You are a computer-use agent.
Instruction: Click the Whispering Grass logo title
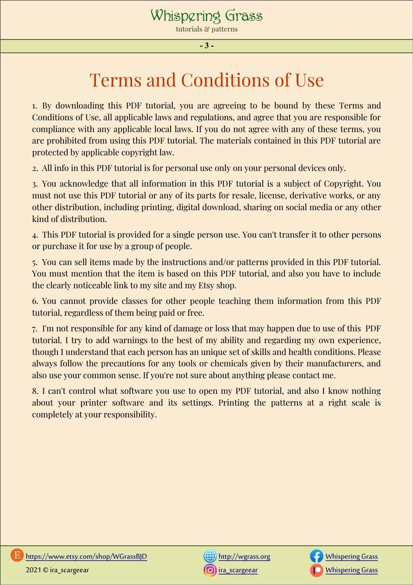click(x=206, y=16)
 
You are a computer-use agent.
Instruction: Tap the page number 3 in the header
click(x=206, y=45)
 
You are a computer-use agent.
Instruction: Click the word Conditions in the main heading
click(x=225, y=80)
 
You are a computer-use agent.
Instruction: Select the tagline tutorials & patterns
click(x=206, y=29)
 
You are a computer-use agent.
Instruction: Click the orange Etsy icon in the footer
click(x=17, y=555)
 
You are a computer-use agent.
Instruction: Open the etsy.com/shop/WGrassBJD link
click(x=86, y=556)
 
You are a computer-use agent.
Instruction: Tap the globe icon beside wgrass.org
click(x=210, y=556)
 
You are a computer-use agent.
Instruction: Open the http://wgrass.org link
click(x=244, y=556)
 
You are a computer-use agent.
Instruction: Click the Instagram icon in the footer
click(x=210, y=570)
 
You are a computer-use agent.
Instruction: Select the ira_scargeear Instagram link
click(x=238, y=570)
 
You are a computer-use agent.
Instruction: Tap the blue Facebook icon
click(x=316, y=556)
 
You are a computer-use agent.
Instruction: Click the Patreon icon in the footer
click(x=316, y=570)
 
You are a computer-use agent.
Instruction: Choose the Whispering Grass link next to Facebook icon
click(x=351, y=556)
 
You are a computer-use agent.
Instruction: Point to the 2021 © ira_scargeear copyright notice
click(x=57, y=570)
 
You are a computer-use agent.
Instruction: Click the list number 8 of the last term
click(x=35, y=391)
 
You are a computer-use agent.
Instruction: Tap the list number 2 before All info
click(x=35, y=168)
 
